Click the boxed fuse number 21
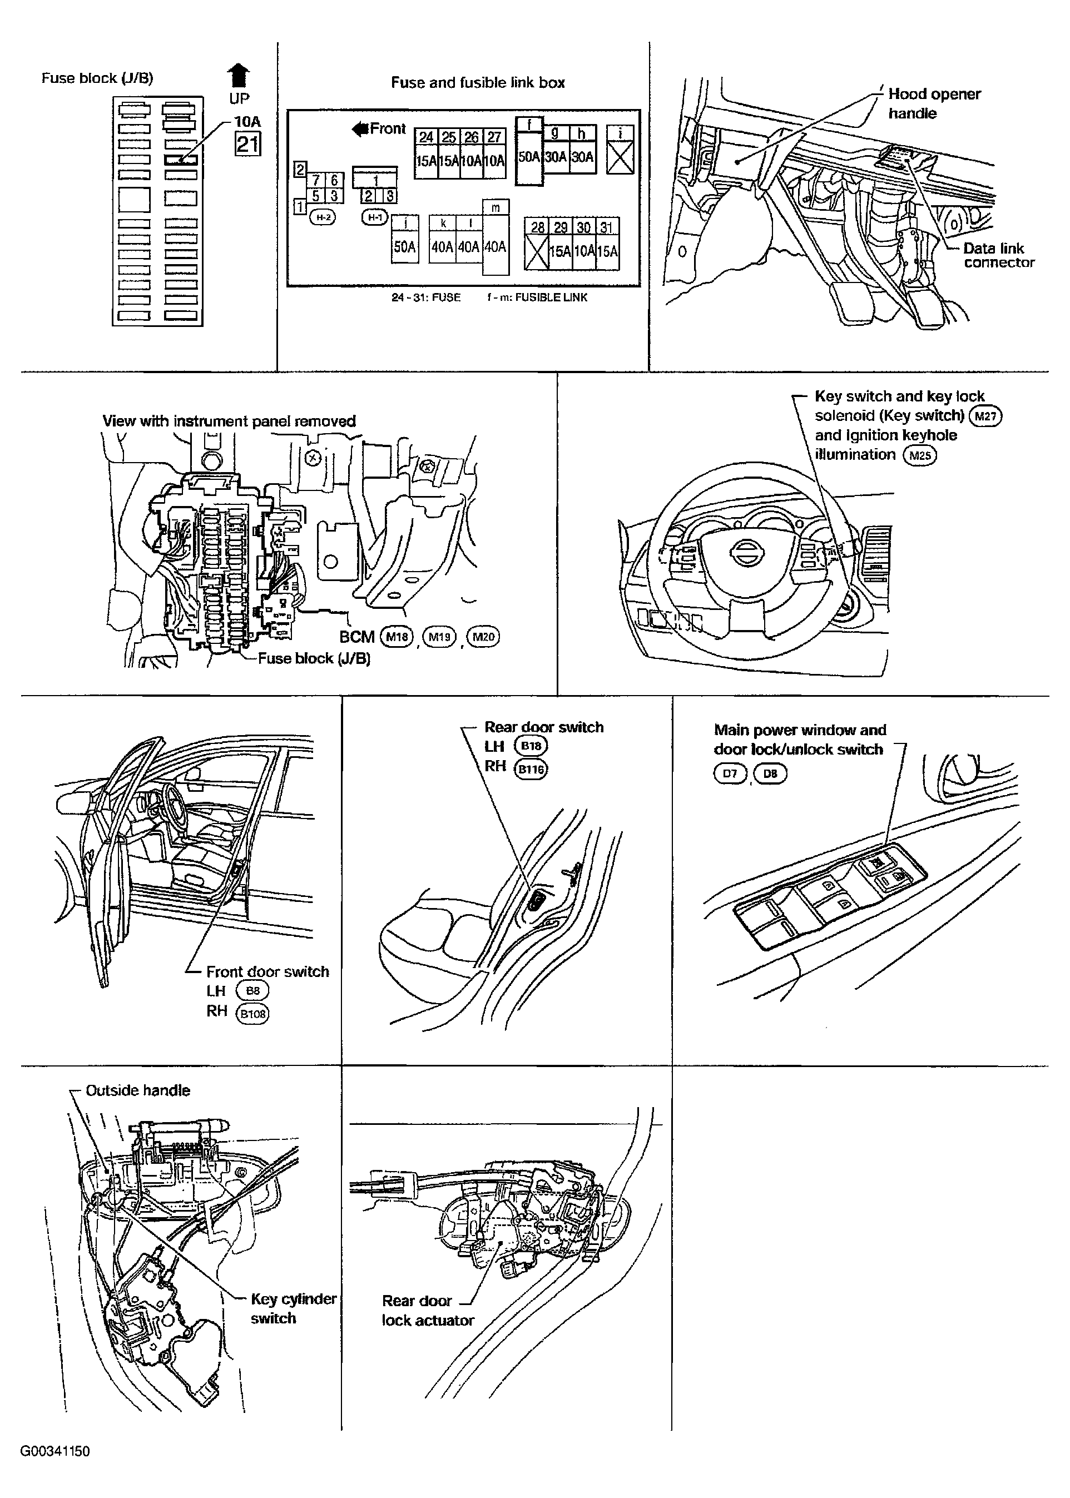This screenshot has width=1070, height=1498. click(247, 143)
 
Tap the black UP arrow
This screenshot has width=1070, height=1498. click(239, 76)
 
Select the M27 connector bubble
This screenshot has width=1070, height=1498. click(985, 416)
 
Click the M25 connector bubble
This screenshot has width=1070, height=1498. click(920, 455)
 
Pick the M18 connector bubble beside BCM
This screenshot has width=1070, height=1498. click(397, 637)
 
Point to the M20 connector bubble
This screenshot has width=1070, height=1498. click(483, 637)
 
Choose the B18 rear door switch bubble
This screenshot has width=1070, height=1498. click(531, 746)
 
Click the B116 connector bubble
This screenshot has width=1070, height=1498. click(531, 769)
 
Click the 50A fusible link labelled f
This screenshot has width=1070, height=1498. click(529, 151)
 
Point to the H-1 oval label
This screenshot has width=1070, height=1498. click(375, 217)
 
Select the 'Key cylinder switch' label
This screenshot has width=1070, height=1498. click(293, 1308)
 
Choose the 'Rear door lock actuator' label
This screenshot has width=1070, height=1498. click(428, 1310)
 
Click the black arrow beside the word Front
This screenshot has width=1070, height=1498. click(360, 129)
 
